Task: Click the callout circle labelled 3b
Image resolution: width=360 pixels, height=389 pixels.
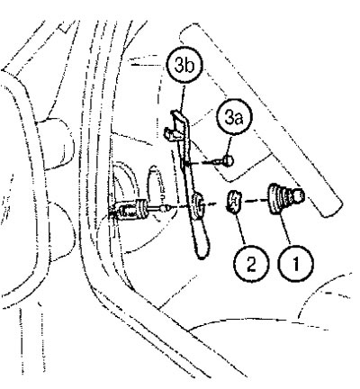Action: coord(184,66)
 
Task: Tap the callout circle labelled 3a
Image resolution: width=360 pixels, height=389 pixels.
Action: coord(234,118)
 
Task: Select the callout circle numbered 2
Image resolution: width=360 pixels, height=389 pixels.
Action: coord(250,264)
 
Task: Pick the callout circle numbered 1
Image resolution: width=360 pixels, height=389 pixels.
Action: coord(296,264)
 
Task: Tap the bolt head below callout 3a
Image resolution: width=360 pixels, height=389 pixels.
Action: coord(229,159)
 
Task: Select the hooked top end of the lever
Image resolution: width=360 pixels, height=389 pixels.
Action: coord(178,115)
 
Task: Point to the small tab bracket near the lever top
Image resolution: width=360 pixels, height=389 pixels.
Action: coord(170,133)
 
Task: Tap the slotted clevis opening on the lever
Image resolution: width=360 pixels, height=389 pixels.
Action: coord(198,205)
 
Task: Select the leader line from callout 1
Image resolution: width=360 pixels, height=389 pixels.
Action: coord(286,231)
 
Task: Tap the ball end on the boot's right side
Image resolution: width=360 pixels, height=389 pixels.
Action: coord(298,195)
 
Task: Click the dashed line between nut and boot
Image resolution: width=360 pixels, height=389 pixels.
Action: coord(255,200)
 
